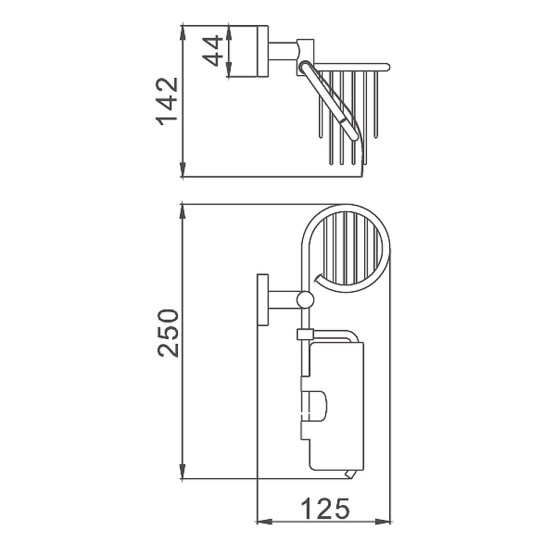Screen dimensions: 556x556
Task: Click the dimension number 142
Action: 167,101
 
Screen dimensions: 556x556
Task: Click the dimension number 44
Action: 213,51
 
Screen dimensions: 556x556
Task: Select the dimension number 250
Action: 167,333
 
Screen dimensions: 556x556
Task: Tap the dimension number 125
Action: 325,508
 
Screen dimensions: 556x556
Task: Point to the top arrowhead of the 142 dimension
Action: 183,33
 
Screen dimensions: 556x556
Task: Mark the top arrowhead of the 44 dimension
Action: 229,33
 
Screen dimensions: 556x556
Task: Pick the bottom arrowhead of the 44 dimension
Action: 229,69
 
